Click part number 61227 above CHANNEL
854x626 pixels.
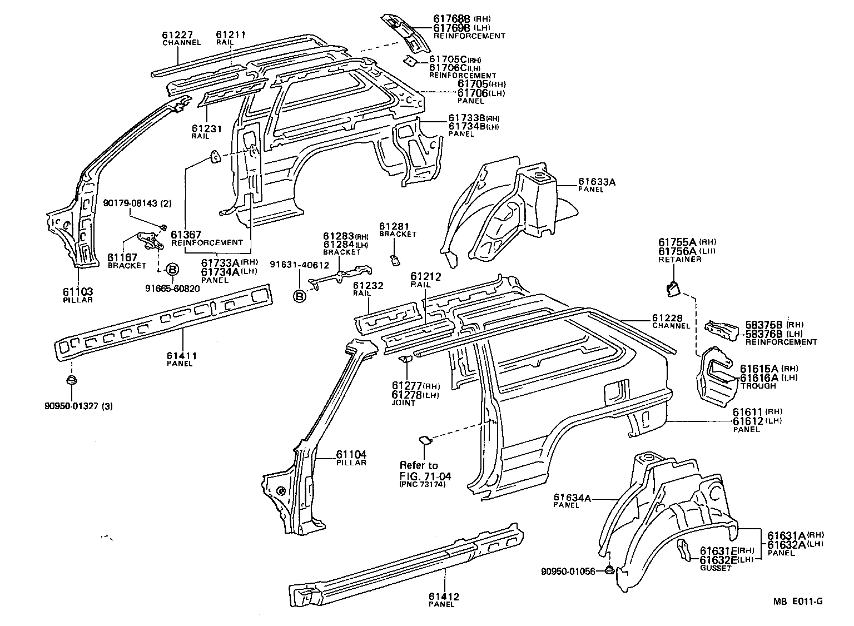click(x=177, y=35)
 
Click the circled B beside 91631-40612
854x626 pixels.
click(x=300, y=296)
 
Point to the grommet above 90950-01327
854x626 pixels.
click(x=71, y=382)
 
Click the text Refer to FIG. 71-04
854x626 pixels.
click(x=425, y=470)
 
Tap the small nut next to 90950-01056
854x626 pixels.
click(x=609, y=570)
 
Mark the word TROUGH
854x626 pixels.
click(x=757, y=386)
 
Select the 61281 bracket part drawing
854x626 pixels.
click(x=394, y=260)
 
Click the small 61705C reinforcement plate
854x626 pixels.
click(x=410, y=61)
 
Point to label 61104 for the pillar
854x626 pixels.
click(x=351, y=454)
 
